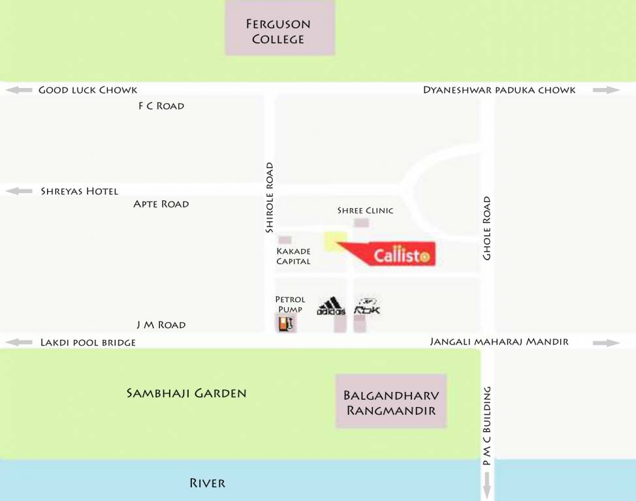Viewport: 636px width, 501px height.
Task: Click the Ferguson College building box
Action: [x=279, y=27]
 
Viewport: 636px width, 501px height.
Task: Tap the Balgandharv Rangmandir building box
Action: [x=390, y=401]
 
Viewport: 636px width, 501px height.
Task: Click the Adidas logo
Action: [x=331, y=307]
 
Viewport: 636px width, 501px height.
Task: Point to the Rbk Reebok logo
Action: [x=367, y=307]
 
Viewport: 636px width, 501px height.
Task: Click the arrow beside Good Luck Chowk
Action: [x=18, y=90]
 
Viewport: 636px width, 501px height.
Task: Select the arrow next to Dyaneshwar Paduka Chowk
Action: [x=606, y=90]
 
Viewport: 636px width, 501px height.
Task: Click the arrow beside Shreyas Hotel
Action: [x=18, y=191]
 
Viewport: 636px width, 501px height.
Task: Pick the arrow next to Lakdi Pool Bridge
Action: [x=18, y=342]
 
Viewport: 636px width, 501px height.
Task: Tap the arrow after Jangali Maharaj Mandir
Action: [x=606, y=342]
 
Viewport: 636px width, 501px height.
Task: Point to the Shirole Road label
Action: [x=269, y=198]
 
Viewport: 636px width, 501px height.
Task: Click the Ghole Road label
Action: [x=486, y=228]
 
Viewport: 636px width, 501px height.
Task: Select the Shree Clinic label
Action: [x=365, y=211]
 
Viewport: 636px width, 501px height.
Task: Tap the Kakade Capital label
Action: [x=293, y=256]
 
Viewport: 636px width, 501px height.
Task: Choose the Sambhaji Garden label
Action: [x=187, y=393]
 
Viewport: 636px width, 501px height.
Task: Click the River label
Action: [x=207, y=483]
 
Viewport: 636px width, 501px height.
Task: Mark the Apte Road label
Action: [x=161, y=204]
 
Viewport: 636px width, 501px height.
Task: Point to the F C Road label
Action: [x=161, y=106]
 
